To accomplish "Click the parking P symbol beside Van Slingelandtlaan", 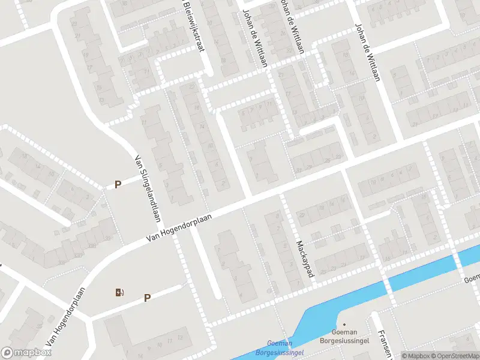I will [118, 185].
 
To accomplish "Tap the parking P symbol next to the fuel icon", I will [147, 297].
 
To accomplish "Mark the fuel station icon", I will [119, 293].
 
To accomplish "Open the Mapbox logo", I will [26, 353].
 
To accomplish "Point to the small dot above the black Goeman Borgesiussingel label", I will [344, 323].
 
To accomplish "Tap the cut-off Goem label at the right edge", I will [472, 279].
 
